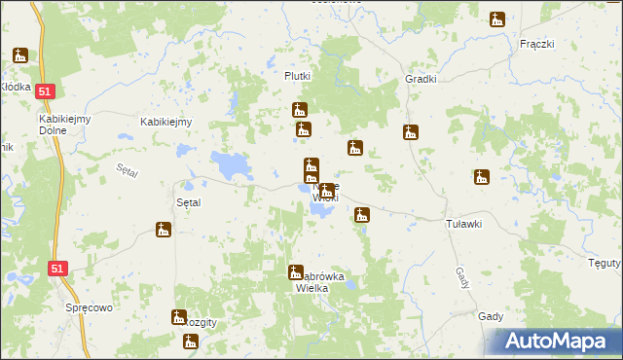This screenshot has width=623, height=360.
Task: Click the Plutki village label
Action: pyautogui.click(x=297, y=77)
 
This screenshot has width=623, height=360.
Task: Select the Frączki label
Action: pyautogui.click(x=536, y=45)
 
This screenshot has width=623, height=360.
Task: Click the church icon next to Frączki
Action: pyautogui.click(x=497, y=19)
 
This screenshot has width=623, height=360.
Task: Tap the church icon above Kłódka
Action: pyautogui.click(x=20, y=55)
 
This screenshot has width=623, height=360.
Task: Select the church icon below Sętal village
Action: pyautogui.click(x=163, y=230)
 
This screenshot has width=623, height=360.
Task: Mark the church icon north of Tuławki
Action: pyautogui.click(x=480, y=177)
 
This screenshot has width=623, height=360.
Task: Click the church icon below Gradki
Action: pyautogui.click(x=410, y=132)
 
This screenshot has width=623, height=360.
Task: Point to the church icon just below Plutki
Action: pyautogui.click(x=299, y=110)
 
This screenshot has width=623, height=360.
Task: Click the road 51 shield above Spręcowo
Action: pyautogui.click(x=57, y=269)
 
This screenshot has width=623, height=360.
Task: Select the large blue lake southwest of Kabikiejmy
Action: pyautogui.click(x=230, y=165)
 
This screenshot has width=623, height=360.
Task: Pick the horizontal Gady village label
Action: pyautogui.click(x=490, y=316)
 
